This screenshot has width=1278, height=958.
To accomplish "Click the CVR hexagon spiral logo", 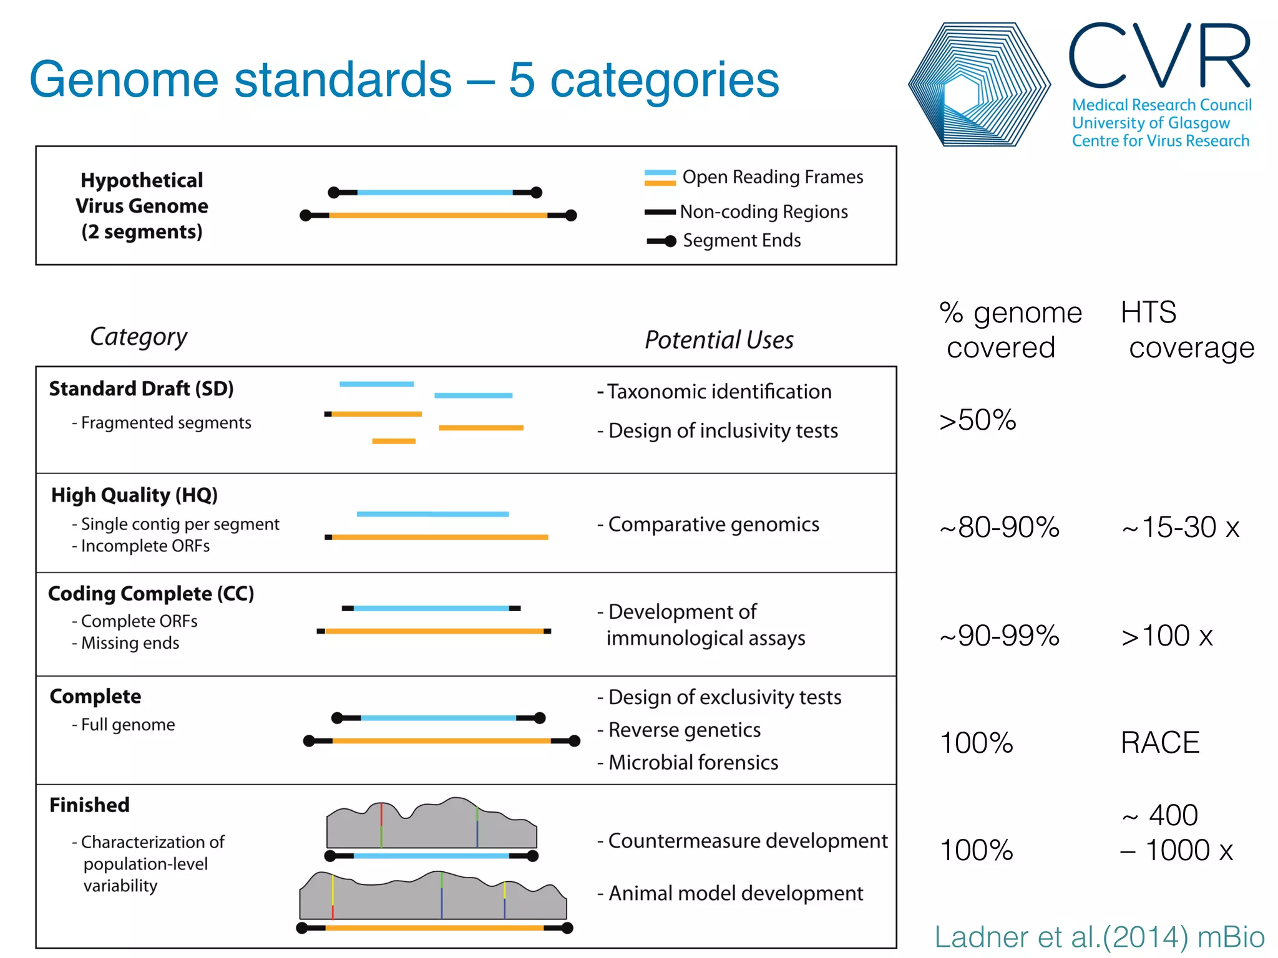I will point(978,85).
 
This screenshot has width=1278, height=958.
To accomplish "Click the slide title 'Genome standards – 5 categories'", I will point(404,80).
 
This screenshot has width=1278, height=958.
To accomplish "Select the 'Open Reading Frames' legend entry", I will point(772,177).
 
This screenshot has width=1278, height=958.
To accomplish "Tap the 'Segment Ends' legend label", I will point(741,241).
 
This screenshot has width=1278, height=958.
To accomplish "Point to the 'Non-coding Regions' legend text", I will point(763,212).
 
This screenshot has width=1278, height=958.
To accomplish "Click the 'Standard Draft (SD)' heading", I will point(142,389).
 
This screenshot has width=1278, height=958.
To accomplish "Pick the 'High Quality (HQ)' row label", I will point(134,495).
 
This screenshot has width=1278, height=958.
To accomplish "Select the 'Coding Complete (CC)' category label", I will point(151,594).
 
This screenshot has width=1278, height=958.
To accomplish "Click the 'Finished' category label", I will point(90,805).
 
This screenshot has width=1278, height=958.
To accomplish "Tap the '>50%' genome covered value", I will point(978,420).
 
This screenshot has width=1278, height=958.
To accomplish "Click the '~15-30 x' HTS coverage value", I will point(1181,528).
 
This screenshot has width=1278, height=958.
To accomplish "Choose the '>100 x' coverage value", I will point(1167,636).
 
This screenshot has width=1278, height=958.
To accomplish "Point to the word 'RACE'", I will point(1160,743).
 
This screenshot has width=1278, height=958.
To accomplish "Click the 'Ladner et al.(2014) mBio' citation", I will point(1100,937).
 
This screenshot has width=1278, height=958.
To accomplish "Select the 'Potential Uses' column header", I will point(719,340).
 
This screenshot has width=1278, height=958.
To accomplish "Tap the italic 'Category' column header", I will point(139,337).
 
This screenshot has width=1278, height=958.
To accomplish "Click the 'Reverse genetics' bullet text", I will point(684,730).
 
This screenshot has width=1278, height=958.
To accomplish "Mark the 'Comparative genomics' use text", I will point(713,525).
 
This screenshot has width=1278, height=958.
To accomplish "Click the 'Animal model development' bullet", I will point(736,893).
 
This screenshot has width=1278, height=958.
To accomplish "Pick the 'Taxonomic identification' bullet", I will point(719,392).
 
